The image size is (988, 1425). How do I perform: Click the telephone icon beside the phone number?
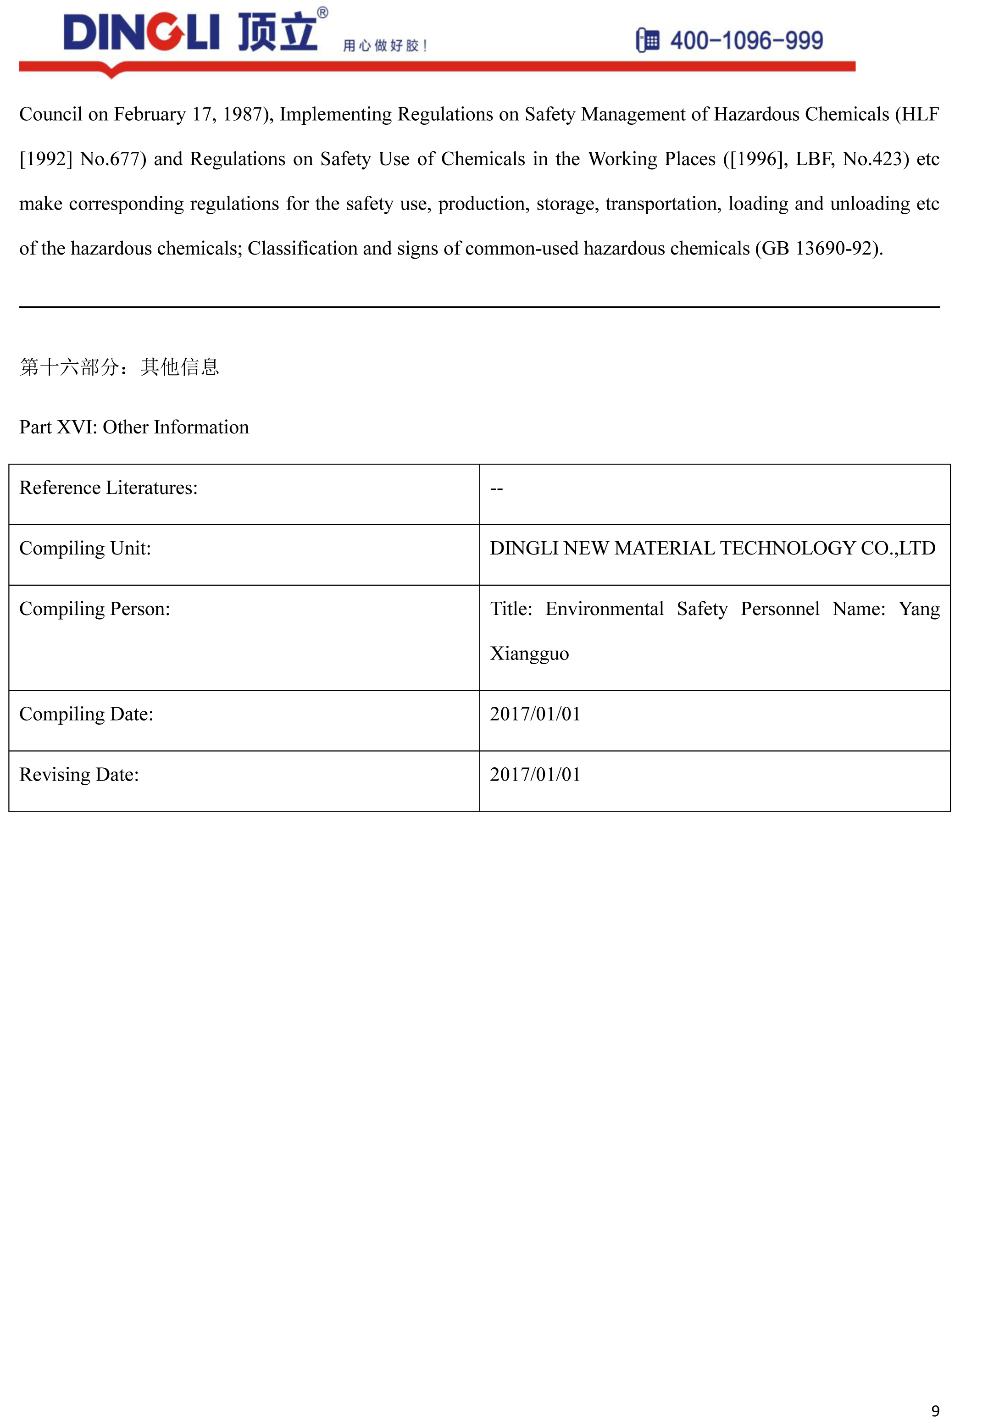(x=648, y=40)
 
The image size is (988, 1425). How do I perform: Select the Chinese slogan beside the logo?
(x=384, y=45)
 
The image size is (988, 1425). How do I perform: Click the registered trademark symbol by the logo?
(x=322, y=12)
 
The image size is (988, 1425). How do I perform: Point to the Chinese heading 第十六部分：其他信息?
(x=119, y=367)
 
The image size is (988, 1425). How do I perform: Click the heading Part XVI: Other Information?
(x=134, y=427)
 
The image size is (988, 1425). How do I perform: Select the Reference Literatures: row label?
(x=108, y=488)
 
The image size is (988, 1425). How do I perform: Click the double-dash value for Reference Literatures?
(x=496, y=489)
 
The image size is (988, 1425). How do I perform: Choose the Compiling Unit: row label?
(x=85, y=549)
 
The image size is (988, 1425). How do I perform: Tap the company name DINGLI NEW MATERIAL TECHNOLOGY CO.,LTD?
(x=712, y=549)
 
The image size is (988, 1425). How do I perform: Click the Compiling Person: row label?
(x=94, y=609)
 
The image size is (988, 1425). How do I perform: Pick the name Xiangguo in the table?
(x=529, y=654)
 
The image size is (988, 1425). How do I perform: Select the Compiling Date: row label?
(x=86, y=715)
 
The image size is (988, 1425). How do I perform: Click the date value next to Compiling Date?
(x=535, y=715)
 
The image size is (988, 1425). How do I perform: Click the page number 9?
(x=935, y=1411)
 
